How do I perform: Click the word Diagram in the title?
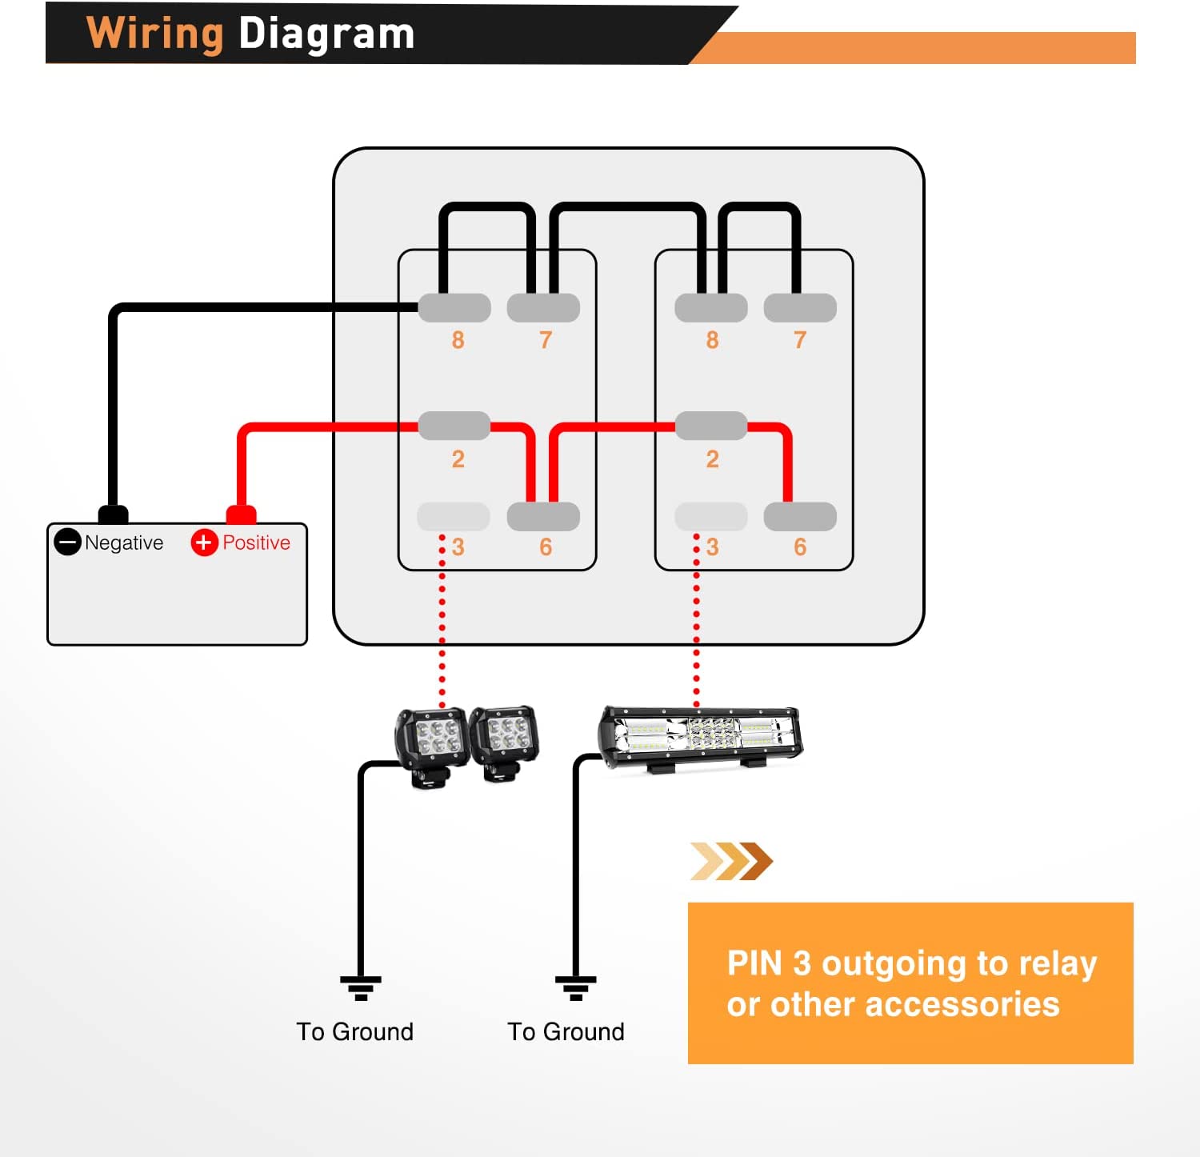tap(326, 34)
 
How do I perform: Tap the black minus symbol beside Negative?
tap(67, 542)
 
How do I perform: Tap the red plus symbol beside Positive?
tap(204, 542)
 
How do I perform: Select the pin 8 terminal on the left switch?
tap(454, 308)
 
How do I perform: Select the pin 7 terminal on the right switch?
tap(800, 308)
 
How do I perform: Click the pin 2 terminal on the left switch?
tap(454, 426)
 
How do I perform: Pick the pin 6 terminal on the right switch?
tap(800, 517)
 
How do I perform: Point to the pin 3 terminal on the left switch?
tap(454, 517)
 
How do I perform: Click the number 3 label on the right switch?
tap(713, 547)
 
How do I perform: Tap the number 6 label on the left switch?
tap(546, 547)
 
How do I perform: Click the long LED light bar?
tap(701, 736)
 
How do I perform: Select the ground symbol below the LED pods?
tap(361, 987)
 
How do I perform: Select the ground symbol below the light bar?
tap(576, 987)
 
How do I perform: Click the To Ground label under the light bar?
tap(566, 1032)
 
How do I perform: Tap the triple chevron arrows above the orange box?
tap(731, 862)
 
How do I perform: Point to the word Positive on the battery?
tap(256, 542)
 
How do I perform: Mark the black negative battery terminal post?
tap(113, 514)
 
